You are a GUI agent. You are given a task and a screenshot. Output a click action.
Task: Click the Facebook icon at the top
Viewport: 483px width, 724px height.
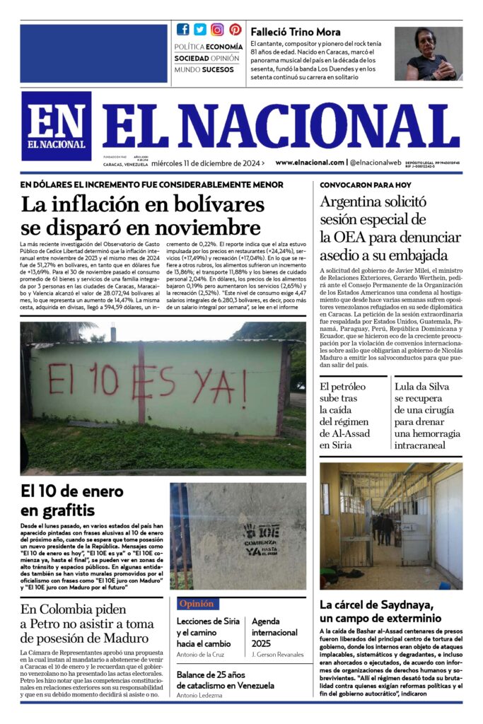coord(183,29)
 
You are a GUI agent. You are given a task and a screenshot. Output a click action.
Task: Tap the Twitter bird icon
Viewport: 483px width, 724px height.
coord(200,29)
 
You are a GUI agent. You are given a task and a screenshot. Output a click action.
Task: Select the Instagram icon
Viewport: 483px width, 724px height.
coord(217,29)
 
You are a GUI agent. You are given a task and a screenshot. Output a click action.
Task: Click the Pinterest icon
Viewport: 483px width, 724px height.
coord(235,29)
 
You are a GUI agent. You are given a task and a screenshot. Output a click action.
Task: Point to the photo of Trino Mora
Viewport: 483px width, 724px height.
coord(429,54)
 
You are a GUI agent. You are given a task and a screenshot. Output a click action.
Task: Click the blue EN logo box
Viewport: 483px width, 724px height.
coord(56,126)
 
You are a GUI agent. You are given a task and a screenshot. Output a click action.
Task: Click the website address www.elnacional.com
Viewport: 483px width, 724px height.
coord(309,163)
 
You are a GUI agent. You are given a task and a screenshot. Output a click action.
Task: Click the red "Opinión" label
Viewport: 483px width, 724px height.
coord(197,604)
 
